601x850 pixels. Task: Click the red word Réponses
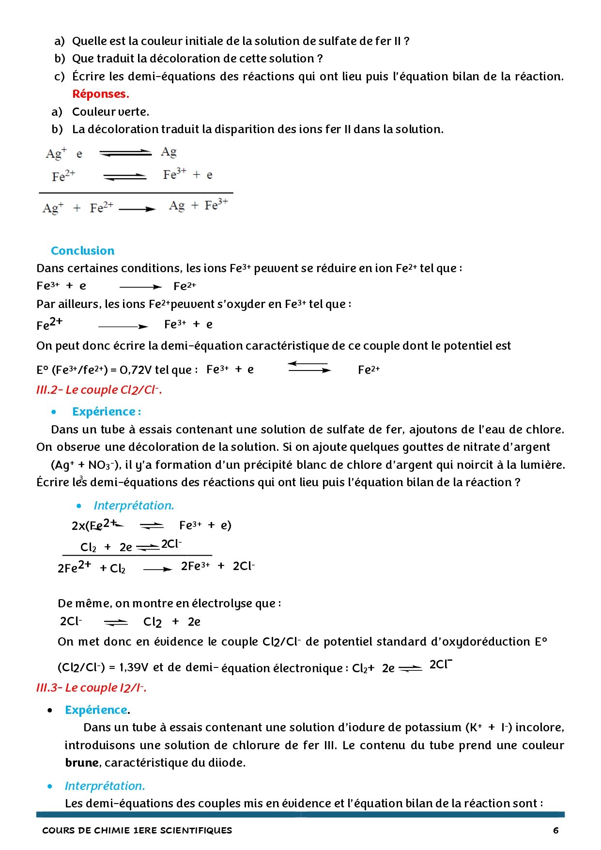click(x=100, y=94)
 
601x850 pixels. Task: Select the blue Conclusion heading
click(x=83, y=251)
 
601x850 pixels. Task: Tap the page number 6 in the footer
click(x=555, y=830)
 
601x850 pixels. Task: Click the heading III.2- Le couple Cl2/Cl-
click(x=99, y=390)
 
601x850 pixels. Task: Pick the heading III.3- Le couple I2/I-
click(x=91, y=688)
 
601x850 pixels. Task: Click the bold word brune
click(x=82, y=763)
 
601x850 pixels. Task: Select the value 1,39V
click(x=133, y=667)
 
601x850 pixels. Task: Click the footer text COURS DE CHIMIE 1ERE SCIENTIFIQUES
click(x=137, y=830)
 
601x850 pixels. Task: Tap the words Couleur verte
click(x=110, y=112)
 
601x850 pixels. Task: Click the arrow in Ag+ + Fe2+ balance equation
click(x=137, y=209)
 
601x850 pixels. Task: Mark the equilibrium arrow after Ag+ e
click(x=125, y=153)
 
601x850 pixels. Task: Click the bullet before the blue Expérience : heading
click(x=54, y=412)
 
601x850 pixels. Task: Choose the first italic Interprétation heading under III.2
click(x=134, y=506)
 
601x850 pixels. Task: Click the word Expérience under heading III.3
click(x=96, y=710)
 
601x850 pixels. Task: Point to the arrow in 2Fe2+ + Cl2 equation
click(x=157, y=569)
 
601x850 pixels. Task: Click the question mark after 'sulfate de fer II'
click(x=406, y=41)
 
